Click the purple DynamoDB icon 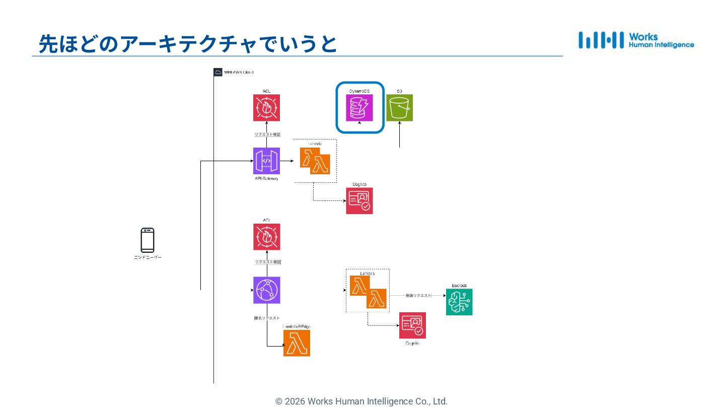(x=359, y=108)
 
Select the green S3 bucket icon (x=399, y=108)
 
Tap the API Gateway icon (x=266, y=161)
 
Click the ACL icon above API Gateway (x=266, y=108)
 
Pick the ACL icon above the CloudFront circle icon (x=266, y=237)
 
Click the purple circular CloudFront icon (x=266, y=290)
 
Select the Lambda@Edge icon (x=297, y=344)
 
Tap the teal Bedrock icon (x=459, y=302)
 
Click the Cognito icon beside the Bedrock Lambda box (x=412, y=325)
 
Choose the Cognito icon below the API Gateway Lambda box (x=359, y=201)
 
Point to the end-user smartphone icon (x=148, y=240)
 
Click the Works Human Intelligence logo (x=636, y=40)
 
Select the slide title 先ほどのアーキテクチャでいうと (x=188, y=44)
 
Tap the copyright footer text (x=361, y=401)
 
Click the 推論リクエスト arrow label (x=418, y=296)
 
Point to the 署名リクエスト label (x=266, y=318)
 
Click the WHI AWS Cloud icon (x=218, y=72)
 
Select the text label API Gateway (x=266, y=179)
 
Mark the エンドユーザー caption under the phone (x=148, y=257)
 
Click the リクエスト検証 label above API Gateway (x=267, y=134)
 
